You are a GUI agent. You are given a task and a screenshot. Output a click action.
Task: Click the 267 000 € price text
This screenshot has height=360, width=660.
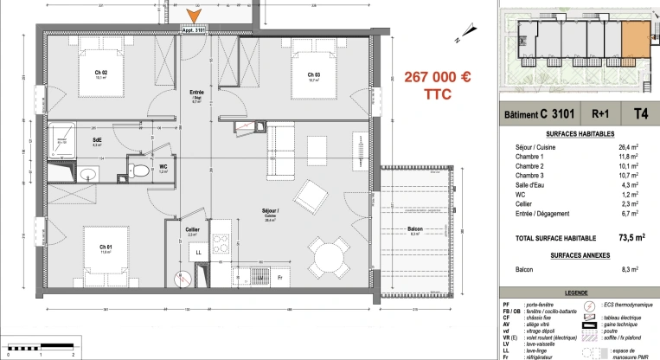tap(438, 77)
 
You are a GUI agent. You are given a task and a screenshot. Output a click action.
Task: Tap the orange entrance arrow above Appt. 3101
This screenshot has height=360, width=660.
tap(195, 16)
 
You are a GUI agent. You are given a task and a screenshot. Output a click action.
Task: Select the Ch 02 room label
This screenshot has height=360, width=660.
tap(100, 73)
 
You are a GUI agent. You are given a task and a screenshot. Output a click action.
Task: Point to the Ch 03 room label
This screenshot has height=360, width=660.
tap(313, 74)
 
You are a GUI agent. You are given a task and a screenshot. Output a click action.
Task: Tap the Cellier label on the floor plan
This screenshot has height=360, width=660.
tap(193, 229)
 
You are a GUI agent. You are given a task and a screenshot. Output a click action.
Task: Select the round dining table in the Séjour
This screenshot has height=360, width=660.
tap(327, 257)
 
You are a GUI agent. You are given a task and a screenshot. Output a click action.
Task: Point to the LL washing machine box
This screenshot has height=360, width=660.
tap(198, 252)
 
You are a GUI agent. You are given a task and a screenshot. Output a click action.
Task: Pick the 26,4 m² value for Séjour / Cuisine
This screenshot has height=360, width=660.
tap(624, 146)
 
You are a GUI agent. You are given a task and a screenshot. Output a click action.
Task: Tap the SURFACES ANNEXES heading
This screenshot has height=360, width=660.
tap(573, 255)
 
